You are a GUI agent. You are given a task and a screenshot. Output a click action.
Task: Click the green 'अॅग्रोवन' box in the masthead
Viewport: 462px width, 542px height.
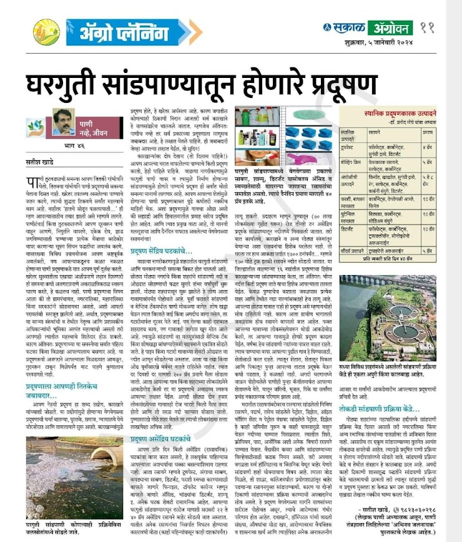point(388,27)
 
